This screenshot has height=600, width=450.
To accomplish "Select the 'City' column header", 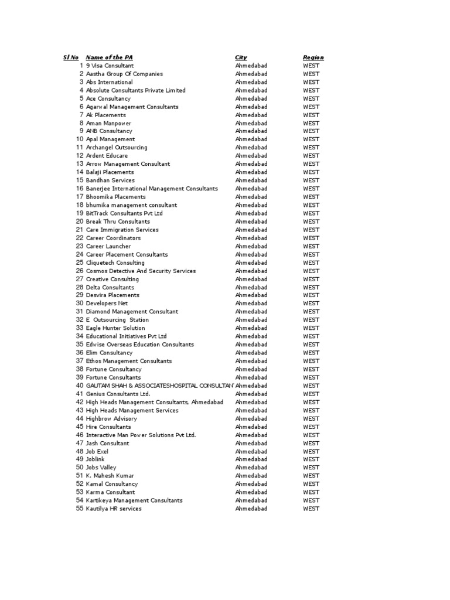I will [x=241, y=57].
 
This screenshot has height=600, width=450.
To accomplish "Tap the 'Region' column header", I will [x=313, y=57].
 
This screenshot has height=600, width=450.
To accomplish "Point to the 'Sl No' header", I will [x=71, y=57].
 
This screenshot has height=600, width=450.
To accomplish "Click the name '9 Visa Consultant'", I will [x=110, y=66].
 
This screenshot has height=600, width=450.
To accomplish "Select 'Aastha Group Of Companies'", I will [x=124, y=74].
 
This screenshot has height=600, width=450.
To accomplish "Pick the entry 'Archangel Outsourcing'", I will [x=117, y=148].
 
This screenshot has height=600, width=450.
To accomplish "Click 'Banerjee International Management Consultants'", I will [x=152, y=189].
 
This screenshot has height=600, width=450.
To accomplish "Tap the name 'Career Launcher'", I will [x=108, y=246].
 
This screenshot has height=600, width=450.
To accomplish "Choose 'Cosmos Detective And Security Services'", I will [x=141, y=271].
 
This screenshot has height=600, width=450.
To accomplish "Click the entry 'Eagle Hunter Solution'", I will [x=115, y=328].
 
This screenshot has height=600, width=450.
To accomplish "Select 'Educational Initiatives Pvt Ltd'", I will [x=127, y=336].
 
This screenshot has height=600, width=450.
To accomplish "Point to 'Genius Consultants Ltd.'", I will [x=118, y=394].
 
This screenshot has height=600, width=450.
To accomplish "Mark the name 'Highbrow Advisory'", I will [x=111, y=418].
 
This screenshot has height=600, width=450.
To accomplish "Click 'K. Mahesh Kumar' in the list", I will [x=110, y=476].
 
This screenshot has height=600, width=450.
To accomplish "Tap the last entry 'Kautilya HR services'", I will [x=114, y=509].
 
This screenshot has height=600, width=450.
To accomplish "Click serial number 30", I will [x=80, y=304].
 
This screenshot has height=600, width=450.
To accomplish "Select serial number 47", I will [x=80, y=443].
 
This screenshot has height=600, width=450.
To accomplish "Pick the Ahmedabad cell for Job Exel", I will [x=251, y=451].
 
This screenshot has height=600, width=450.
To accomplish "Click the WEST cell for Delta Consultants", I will [x=311, y=287].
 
